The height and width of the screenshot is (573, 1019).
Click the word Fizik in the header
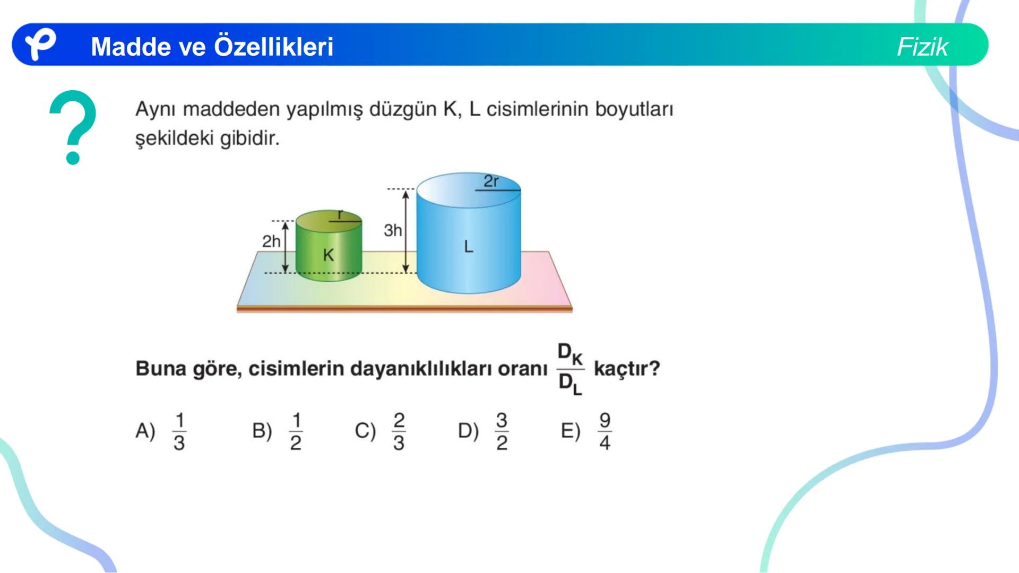click(x=922, y=47)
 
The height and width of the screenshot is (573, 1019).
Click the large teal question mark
click(x=73, y=127)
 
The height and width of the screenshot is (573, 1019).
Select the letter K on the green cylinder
click(x=329, y=255)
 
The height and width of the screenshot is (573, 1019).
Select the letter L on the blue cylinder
click(x=468, y=247)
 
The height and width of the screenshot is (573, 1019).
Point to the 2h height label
click(x=271, y=241)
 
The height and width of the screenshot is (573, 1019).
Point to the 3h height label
click(x=393, y=230)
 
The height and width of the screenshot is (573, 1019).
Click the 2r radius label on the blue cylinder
click(x=491, y=181)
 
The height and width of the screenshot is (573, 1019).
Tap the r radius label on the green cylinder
click(x=341, y=214)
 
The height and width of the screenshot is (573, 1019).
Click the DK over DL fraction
click(x=570, y=369)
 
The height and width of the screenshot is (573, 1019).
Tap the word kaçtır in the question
click(x=626, y=368)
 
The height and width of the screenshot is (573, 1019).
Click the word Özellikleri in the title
click(x=273, y=47)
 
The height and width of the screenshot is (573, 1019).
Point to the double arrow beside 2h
click(x=286, y=247)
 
